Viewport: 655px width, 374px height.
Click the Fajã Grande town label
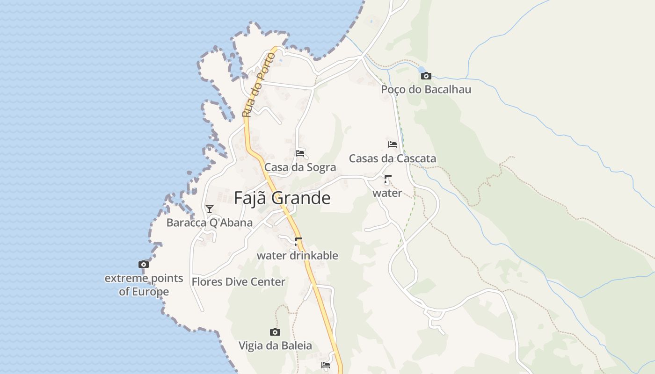point(282,198)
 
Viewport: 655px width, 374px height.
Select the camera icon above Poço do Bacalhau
point(426,76)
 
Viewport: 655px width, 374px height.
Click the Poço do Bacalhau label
point(426,89)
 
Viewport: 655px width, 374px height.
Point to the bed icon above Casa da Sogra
point(300,153)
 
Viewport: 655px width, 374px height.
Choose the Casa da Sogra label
point(300,167)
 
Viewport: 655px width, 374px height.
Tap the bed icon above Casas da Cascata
point(393,144)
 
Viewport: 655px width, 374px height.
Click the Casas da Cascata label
point(393,158)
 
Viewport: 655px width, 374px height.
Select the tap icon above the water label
point(387,179)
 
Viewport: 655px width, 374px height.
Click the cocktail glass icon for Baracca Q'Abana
point(210,209)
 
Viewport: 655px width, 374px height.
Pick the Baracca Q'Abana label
point(210,223)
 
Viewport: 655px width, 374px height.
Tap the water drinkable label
point(297,256)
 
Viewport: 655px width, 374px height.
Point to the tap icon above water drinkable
point(298,242)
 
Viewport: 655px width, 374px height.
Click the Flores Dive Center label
point(238,282)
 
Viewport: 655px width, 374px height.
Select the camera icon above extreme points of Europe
point(144,264)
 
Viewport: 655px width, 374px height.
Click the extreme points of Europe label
point(144,285)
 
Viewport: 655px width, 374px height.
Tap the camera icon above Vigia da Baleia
point(275,332)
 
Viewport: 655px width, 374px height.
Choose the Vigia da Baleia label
point(275,346)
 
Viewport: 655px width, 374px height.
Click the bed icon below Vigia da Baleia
point(326,365)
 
